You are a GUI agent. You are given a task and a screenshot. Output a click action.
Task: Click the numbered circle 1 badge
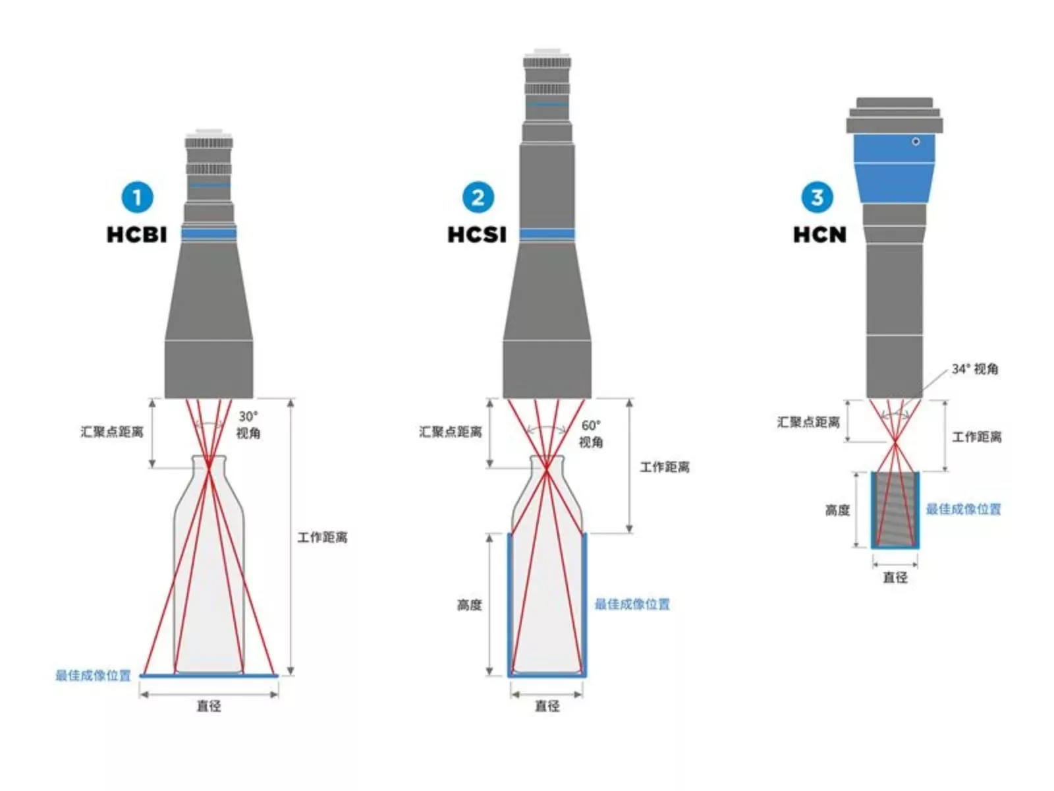[137, 197]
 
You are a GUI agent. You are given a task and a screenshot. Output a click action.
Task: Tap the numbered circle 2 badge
[478, 197]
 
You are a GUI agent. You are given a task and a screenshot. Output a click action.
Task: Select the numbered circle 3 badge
[817, 197]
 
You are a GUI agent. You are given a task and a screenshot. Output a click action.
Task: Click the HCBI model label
[137, 235]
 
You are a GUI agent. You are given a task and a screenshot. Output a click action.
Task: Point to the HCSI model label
[477, 235]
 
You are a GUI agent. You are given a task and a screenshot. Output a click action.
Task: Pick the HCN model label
[819, 235]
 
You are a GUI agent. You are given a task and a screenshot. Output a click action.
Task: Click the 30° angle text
[248, 417]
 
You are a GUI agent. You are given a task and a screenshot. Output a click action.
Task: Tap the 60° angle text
[591, 426]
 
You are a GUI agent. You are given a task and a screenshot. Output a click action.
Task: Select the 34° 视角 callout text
[975, 369]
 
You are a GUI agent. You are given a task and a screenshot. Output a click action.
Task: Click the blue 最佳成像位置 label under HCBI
[93, 676]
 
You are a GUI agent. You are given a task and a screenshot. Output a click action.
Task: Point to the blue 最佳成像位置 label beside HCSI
[632, 604]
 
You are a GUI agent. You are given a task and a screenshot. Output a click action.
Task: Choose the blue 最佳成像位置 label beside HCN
[963, 509]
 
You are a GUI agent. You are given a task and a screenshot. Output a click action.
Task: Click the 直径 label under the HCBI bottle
[209, 706]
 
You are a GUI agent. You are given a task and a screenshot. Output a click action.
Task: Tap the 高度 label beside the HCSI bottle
[469, 604]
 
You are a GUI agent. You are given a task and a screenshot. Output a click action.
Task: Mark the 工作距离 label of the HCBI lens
[322, 537]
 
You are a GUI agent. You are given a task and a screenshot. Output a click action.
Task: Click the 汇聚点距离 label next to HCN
[808, 422]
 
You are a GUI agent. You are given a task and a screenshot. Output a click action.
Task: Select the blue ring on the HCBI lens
[209, 233]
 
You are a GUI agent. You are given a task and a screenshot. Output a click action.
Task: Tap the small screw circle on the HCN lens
[916, 142]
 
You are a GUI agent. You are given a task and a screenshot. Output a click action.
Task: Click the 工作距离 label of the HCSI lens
[665, 467]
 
